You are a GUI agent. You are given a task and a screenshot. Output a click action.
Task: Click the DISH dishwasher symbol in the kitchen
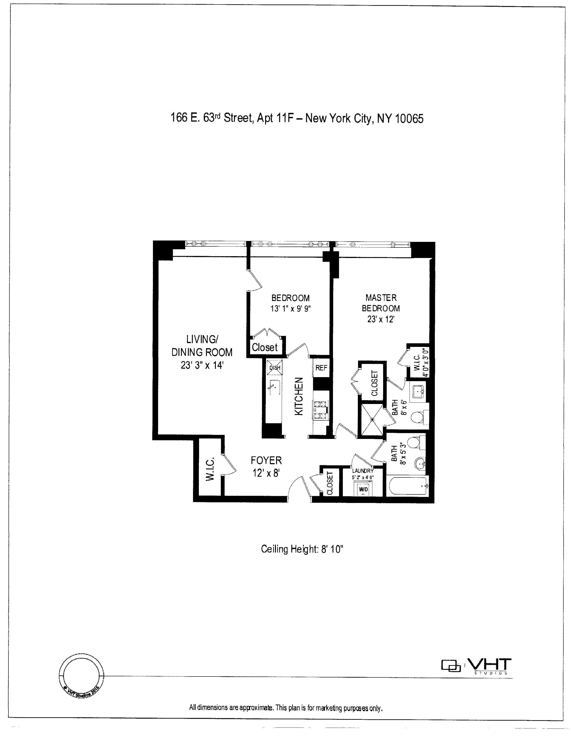(275, 367)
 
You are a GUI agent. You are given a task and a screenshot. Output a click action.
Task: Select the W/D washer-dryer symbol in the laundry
(363, 489)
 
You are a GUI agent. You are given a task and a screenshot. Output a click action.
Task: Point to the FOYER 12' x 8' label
(266, 466)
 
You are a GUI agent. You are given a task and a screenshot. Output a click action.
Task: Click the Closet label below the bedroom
(264, 347)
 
